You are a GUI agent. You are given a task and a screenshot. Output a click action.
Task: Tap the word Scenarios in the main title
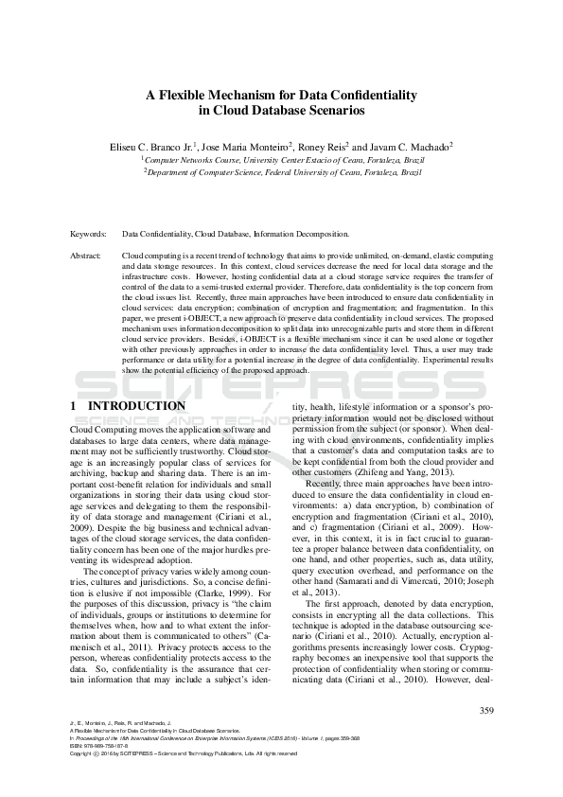[x=336, y=110]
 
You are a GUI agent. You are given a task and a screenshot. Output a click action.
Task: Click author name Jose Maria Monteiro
[x=258, y=147]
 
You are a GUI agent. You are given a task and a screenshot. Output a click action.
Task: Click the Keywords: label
[x=88, y=233]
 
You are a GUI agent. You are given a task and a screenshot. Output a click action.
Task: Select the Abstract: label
[x=88, y=256]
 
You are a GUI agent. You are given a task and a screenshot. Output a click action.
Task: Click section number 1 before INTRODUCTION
[x=74, y=406]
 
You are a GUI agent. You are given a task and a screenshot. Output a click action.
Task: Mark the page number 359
[x=486, y=711]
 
